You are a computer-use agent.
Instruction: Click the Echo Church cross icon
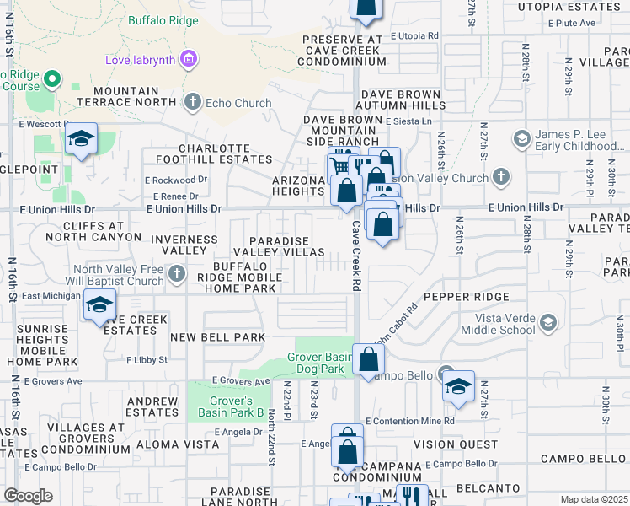pyautogui.click(x=192, y=103)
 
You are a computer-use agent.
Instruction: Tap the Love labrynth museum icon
pyautogui.click(x=189, y=59)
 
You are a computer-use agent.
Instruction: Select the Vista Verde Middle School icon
pyautogui.click(x=548, y=322)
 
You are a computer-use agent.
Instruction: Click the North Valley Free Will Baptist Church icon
pyautogui.click(x=176, y=273)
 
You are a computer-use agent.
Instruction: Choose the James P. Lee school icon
pyautogui.click(x=521, y=138)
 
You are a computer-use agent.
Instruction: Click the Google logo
pyautogui.click(x=28, y=495)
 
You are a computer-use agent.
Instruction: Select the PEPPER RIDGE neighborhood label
pyautogui.click(x=466, y=297)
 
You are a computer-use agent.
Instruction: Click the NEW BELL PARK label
pyautogui.click(x=217, y=337)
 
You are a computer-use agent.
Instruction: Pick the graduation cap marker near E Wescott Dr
pyautogui.click(x=81, y=141)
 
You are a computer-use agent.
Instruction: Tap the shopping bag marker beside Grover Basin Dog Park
pyautogui.click(x=369, y=361)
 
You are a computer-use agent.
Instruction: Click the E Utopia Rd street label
pyautogui.click(x=414, y=36)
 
